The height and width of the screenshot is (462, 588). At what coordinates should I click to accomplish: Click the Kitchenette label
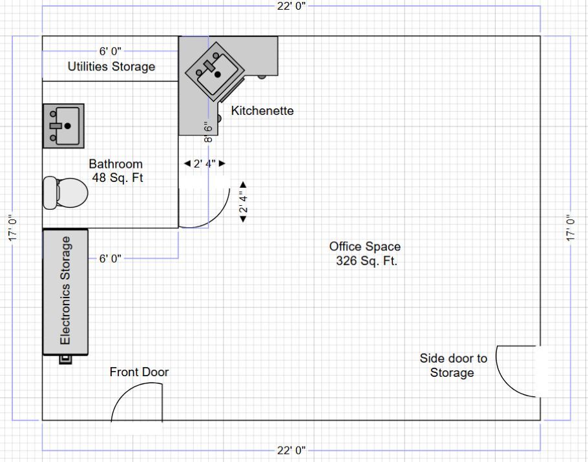pyautogui.click(x=262, y=111)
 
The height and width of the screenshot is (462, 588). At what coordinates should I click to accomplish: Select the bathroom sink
pyautogui.click(x=63, y=125)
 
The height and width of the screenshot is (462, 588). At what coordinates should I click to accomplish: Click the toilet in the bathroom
pyautogui.click(x=65, y=192)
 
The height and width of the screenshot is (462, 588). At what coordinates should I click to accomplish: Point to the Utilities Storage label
pyautogui.click(x=111, y=66)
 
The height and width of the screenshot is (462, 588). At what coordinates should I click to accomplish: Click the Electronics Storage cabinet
pyautogui.click(x=65, y=291)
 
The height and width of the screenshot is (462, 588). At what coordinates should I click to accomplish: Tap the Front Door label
pyautogui.click(x=139, y=372)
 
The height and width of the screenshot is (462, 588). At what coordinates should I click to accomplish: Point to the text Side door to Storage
pyautogui.click(x=453, y=365)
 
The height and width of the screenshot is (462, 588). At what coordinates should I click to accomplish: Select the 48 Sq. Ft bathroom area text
pyautogui.click(x=116, y=178)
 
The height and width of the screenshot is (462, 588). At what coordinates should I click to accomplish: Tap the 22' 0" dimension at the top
pyautogui.click(x=291, y=6)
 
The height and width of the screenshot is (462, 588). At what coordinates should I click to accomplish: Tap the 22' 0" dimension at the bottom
pyautogui.click(x=291, y=450)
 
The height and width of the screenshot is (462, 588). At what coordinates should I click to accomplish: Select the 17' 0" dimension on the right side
pyautogui.click(x=569, y=228)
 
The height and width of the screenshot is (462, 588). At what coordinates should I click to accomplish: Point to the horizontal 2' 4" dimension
pyautogui.click(x=204, y=164)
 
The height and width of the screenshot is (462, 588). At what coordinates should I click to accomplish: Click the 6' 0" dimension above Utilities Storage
pyautogui.click(x=110, y=50)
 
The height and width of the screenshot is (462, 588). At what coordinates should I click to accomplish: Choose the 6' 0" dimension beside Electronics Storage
pyautogui.click(x=110, y=259)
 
